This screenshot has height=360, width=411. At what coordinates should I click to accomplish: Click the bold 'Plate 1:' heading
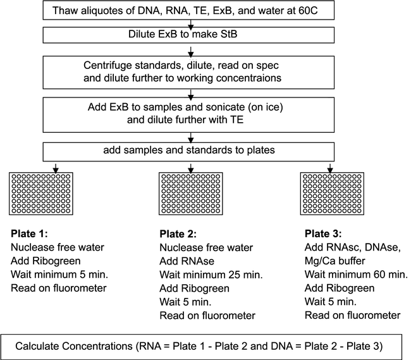[x=29, y=233]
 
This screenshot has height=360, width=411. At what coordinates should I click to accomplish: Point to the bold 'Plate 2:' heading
[x=178, y=234]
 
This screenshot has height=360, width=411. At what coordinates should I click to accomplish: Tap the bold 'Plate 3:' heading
[x=323, y=233]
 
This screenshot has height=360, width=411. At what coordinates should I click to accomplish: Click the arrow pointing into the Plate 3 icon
[x=330, y=168]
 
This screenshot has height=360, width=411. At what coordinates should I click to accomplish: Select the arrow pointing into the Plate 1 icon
[x=56, y=168]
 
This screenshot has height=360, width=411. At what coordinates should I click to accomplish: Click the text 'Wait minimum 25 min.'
[x=211, y=275]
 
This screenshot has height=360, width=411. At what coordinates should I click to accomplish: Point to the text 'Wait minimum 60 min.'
[x=356, y=275]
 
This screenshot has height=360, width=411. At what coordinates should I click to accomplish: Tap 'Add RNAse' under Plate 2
[x=187, y=261]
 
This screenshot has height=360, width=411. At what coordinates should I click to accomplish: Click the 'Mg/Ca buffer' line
[x=334, y=261]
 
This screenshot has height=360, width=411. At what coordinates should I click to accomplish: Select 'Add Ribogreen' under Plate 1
[x=46, y=261]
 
